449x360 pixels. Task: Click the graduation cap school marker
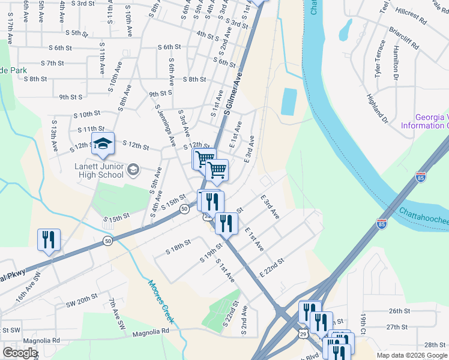103,143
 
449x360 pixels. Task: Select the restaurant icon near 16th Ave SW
48,239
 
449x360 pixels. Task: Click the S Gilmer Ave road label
233,94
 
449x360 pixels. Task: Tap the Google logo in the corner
20,353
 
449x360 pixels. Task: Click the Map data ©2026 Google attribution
412,355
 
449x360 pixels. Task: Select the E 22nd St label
271,267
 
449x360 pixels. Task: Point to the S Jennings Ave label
165,124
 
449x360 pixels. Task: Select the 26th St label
399,311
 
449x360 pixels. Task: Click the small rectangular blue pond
289,102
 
